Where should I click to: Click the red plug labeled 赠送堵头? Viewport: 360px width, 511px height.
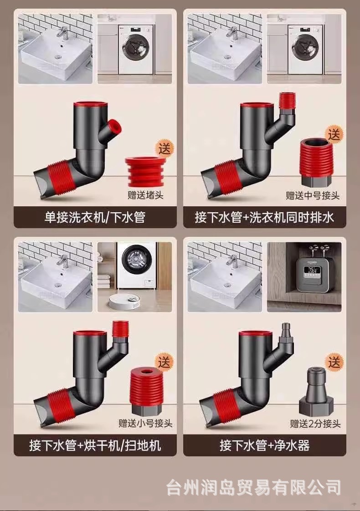click(144, 172)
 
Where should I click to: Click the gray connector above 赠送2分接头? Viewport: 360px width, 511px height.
click(316, 391)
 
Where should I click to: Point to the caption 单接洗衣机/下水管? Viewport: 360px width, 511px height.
click(95, 217)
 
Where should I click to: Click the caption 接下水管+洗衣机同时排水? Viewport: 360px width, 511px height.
click(264, 217)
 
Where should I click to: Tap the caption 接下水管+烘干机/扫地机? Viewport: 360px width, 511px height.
click(95, 445)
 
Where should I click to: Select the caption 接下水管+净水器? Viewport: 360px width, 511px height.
click(264, 445)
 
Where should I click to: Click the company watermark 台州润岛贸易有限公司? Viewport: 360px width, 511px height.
click(254, 487)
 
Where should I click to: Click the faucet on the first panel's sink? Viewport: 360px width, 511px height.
click(63, 33)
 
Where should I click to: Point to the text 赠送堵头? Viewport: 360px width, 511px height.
click(145, 195)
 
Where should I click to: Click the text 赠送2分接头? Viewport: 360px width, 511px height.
click(315, 424)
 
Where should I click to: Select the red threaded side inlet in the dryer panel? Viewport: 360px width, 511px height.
click(120, 330)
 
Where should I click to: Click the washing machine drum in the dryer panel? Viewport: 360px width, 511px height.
click(135, 260)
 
